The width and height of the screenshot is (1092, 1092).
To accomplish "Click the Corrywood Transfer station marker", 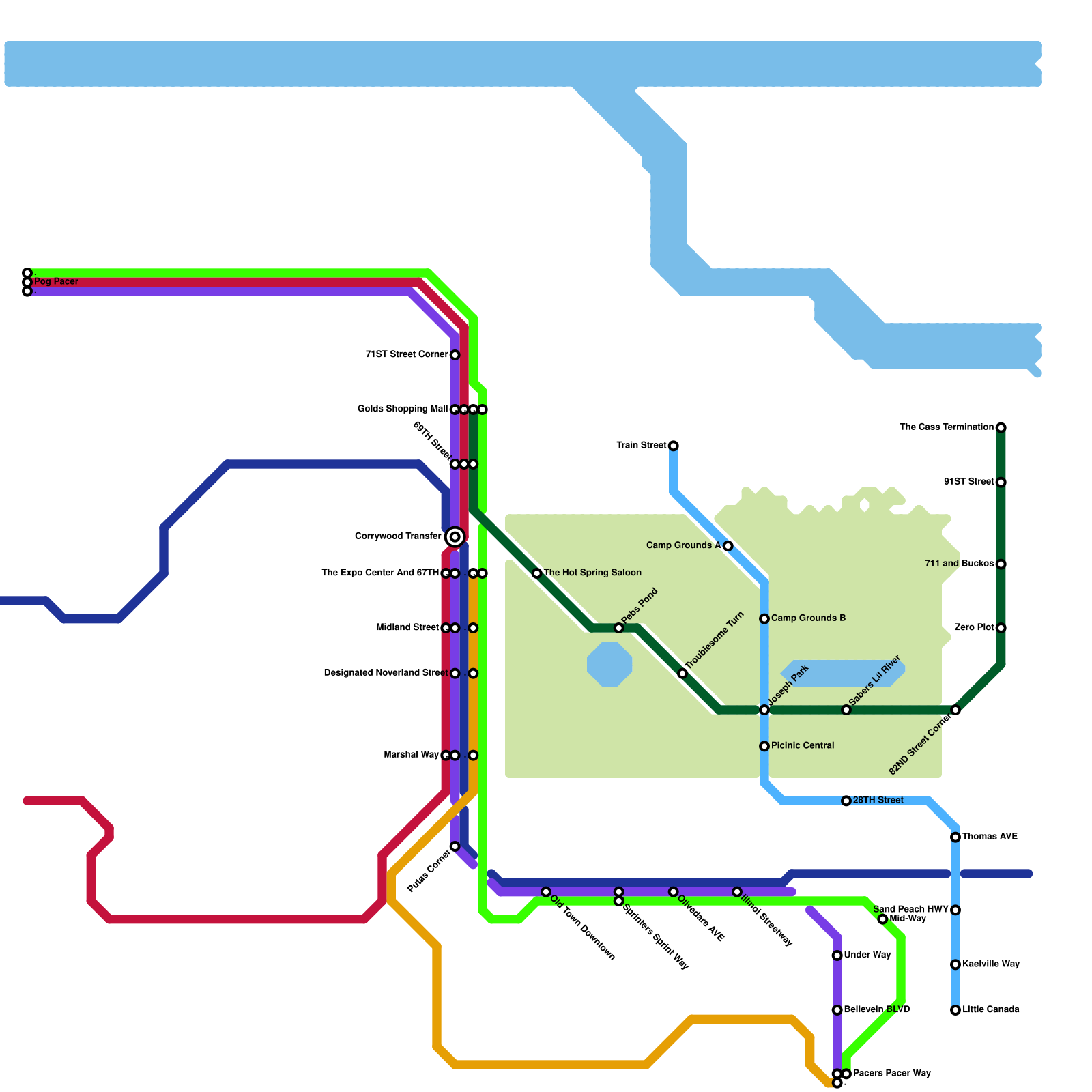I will (455, 537).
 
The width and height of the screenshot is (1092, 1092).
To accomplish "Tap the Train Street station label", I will (641, 446).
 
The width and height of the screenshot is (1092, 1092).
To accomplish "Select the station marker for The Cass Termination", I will (1001, 428).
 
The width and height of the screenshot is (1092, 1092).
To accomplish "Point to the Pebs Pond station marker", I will (618, 628).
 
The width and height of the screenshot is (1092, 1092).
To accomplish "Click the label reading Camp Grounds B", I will (808, 618).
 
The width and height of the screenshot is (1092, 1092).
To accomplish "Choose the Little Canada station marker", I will (955, 1010).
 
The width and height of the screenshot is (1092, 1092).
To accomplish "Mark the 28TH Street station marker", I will (846, 801).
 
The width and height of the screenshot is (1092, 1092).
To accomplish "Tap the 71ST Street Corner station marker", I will (455, 355).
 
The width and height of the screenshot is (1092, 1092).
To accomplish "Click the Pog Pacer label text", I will (56, 282).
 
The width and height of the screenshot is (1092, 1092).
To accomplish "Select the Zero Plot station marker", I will (1001, 628).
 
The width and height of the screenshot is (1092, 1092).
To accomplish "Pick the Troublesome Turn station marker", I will (682, 674).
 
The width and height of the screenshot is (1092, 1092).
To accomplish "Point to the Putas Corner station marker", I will (455, 846).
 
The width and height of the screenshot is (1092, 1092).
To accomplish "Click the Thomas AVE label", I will (990, 837).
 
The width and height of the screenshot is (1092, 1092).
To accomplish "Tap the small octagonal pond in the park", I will (609, 664).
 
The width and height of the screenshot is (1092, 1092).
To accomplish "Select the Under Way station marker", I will (837, 955).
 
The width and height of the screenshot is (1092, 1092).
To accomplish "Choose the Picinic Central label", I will (803, 746).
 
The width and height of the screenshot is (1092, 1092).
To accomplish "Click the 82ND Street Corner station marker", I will (955, 710).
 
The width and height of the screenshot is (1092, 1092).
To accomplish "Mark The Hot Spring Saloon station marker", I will (537, 573).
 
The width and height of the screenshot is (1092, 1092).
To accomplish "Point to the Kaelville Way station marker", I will (955, 964).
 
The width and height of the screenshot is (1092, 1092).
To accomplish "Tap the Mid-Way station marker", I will (882, 919).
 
